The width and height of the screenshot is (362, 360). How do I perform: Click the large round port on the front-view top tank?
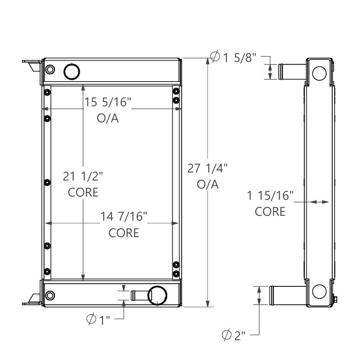point(71,71)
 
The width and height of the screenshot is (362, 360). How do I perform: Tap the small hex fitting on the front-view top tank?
point(50,69)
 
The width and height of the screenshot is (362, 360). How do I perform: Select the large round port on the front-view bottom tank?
point(157,295)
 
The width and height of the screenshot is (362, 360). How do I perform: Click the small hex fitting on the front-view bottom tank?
point(51,296)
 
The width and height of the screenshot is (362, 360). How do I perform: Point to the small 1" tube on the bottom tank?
point(138,295)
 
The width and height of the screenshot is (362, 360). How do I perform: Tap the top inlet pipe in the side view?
point(291,72)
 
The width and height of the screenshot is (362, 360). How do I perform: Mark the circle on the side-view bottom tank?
point(319,292)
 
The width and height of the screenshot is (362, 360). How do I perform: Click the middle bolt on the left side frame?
point(47,183)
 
